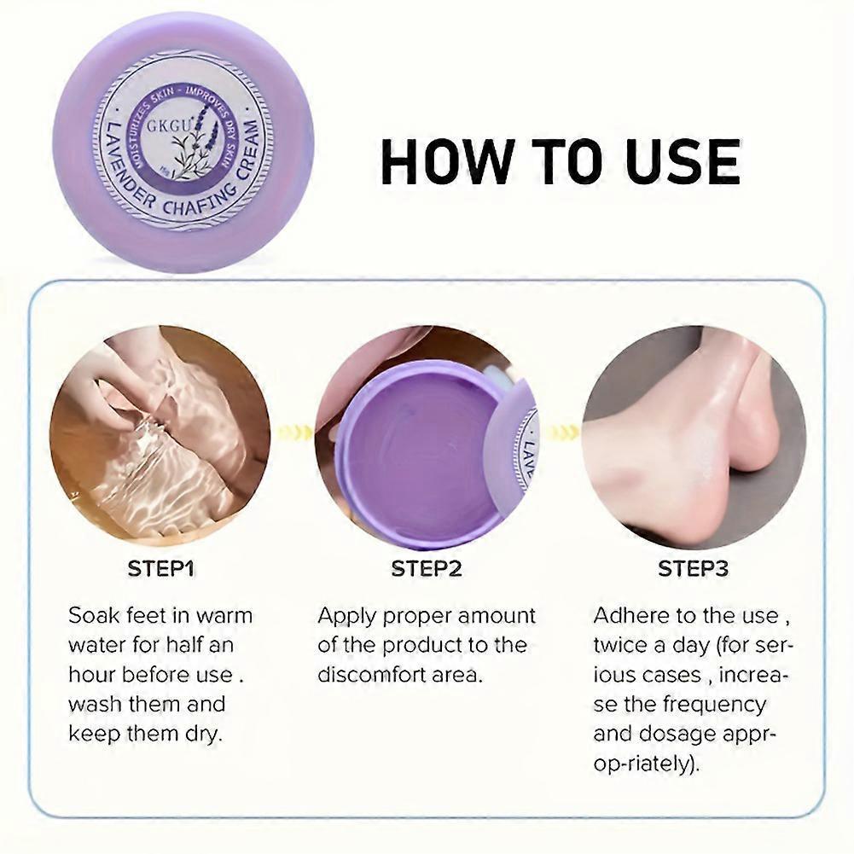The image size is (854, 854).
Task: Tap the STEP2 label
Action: pos(427,568)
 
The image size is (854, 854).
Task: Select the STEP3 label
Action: pos(693,568)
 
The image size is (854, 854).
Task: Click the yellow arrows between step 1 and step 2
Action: pos(294,433)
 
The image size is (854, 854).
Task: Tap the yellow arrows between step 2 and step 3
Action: pos(562,433)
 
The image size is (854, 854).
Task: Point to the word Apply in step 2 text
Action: pos(348,616)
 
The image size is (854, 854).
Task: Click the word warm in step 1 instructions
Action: pos(224,616)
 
